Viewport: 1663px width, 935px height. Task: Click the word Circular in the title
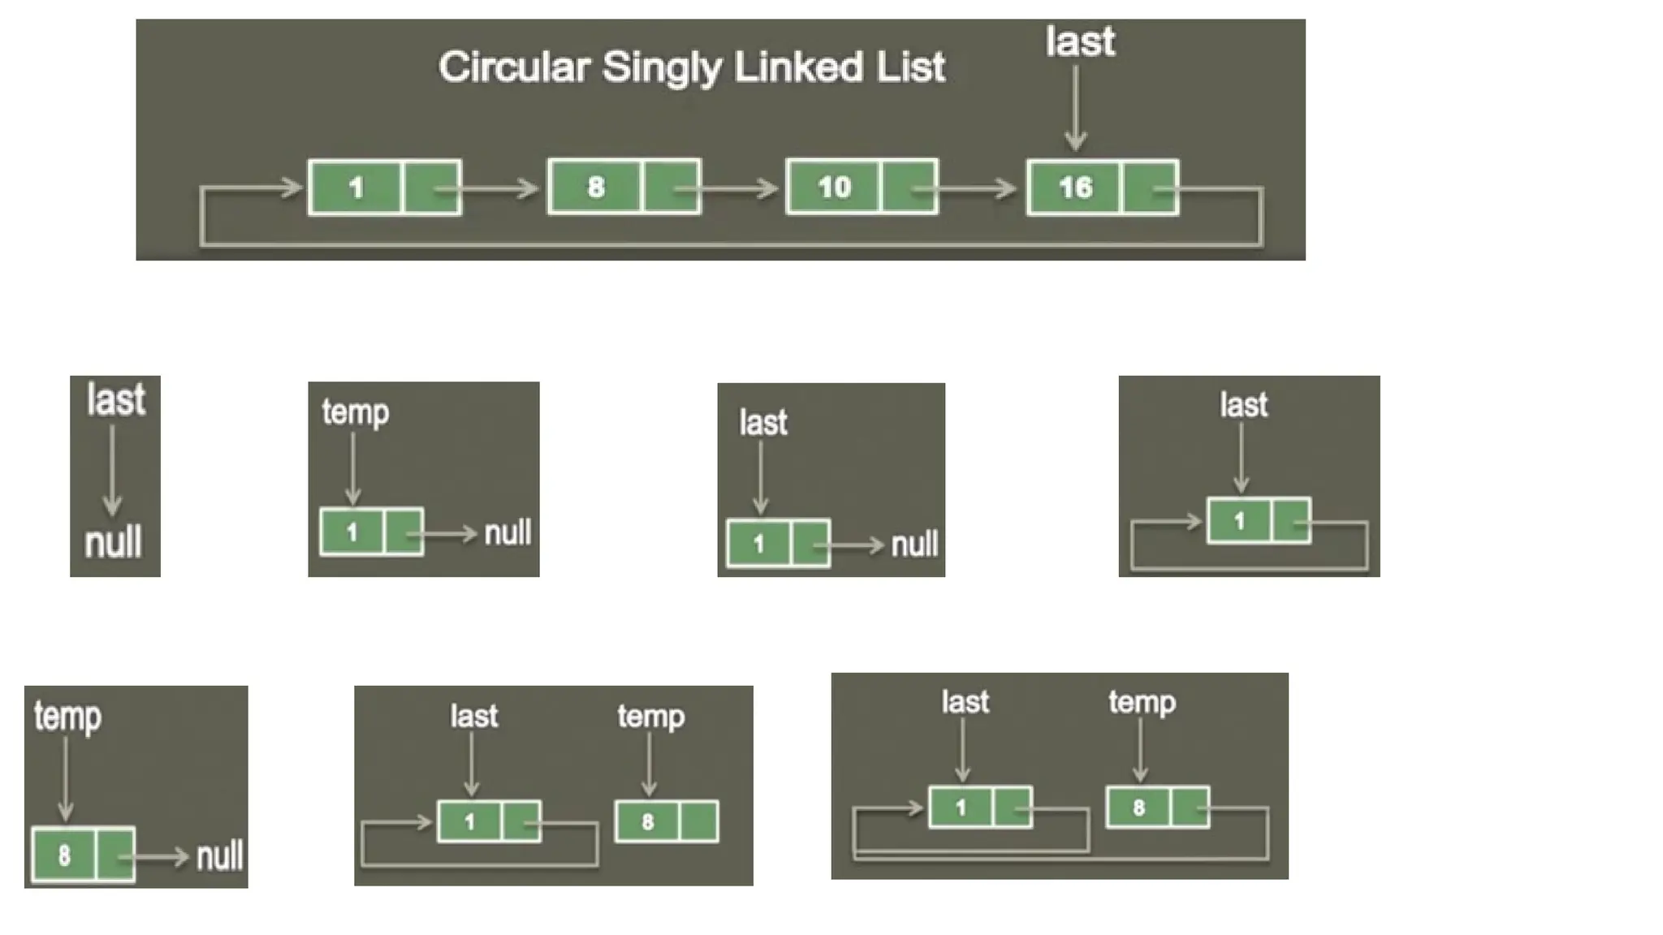tap(513, 67)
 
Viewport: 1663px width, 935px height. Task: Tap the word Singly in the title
tap(661, 68)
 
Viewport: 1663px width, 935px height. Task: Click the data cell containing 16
tap(1074, 187)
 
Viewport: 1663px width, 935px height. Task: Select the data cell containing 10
tap(834, 187)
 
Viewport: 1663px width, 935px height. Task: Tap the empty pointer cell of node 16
tap(1148, 187)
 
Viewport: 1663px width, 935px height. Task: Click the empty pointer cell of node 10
tap(909, 187)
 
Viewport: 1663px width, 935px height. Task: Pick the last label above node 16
tap(1080, 41)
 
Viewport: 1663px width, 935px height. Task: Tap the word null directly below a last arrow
tap(114, 541)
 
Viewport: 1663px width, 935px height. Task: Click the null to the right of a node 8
tap(220, 856)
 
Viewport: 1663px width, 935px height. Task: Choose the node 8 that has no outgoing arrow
tap(666, 821)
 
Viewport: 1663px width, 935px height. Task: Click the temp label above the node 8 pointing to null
tap(67, 717)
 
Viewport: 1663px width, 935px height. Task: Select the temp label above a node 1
tap(355, 411)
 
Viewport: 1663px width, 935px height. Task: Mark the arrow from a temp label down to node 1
tap(353, 468)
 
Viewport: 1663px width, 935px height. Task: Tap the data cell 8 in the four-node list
tap(595, 187)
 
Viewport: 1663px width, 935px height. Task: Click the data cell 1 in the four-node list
tap(355, 187)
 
